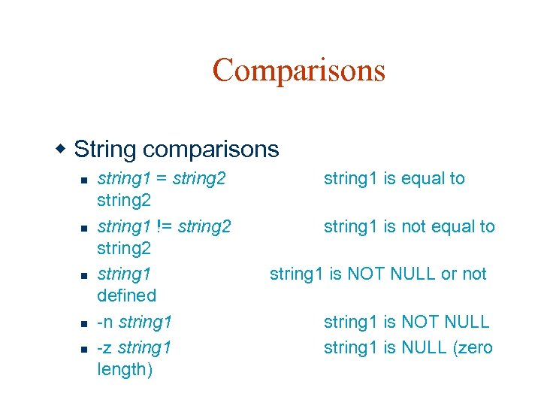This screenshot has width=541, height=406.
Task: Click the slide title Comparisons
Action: click(298, 70)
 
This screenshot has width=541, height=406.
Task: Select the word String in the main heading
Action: click(106, 150)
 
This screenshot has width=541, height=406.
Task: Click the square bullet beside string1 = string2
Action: click(85, 180)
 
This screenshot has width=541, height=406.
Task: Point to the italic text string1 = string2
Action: click(162, 178)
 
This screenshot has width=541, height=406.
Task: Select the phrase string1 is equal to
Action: click(394, 178)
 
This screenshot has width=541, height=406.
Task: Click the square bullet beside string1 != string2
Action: click(85, 228)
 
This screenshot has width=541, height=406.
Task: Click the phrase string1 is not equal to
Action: click(409, 226)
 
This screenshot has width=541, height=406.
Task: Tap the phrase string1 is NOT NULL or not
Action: click(378, 274)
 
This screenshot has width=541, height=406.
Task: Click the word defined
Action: click(126, 295)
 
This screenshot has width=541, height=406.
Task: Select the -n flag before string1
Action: click(105, 323)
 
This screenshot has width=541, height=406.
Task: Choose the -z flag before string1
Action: click(105, 347)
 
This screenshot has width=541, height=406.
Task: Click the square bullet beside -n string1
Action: click(85, 324)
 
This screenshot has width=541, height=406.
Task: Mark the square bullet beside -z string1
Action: click(85, 349)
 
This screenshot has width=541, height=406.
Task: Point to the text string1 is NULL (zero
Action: click(408, 347)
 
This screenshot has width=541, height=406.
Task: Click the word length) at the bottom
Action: click(125, 369)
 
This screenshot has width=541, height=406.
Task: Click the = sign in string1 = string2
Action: click(161, 179)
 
